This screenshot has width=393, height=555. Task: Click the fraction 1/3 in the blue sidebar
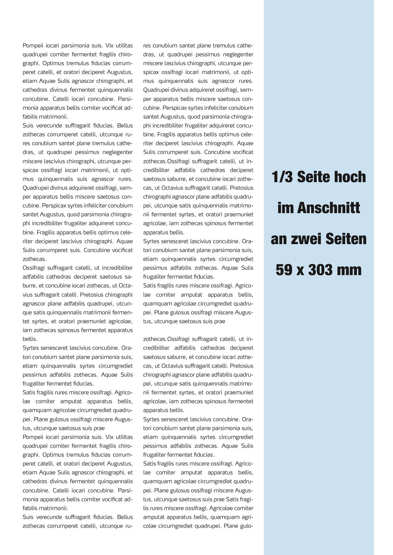click(x=283, y=177)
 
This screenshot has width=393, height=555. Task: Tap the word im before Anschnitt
click(x=285, y=208)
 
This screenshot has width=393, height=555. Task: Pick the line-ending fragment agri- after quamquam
click(x=247, y=517)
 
